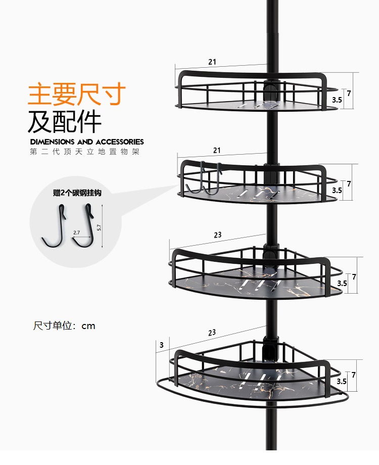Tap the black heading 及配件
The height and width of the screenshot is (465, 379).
coord(65,121)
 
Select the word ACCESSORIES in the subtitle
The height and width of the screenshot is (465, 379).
coord(119,142)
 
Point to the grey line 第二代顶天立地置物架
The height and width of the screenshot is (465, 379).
coord(84,152)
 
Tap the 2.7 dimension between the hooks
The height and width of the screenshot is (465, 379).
coord(76,232)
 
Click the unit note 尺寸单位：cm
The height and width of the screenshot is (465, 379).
coord(64,326)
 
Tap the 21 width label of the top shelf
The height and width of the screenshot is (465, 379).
coord(212,62)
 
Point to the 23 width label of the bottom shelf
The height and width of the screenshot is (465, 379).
coord(211,333)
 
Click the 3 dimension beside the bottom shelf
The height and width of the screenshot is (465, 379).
coord(161,345)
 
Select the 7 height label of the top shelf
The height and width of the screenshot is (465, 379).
coord(349,93)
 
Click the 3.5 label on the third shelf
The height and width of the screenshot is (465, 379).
coord(342,284)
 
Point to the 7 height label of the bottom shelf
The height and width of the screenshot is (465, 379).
coord(354,375)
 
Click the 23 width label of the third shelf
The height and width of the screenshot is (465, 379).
coord(217,235)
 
